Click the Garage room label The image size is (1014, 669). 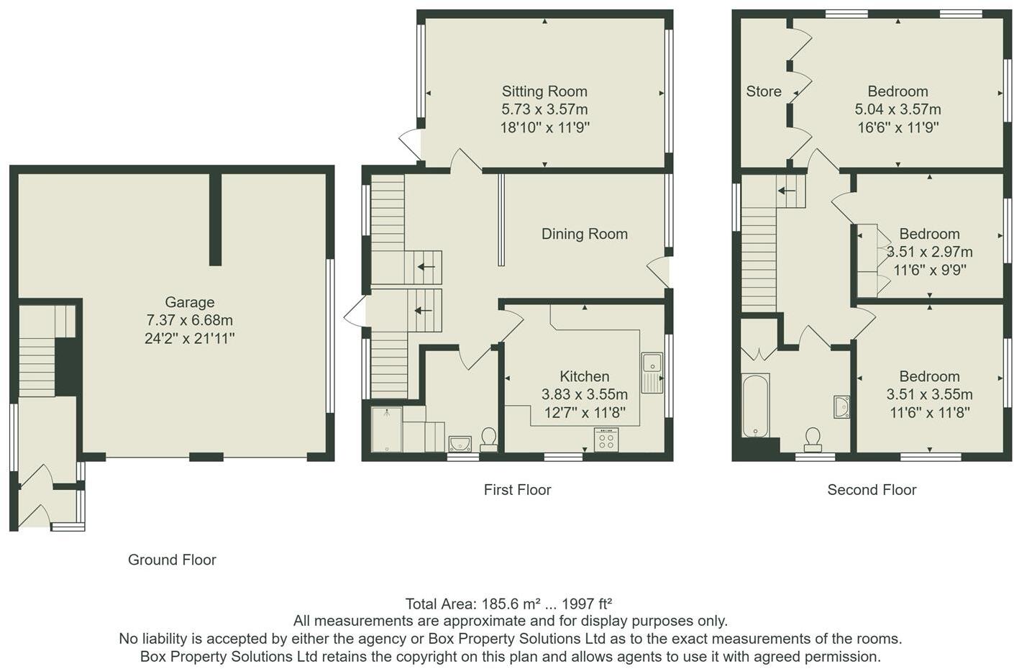[189, 302]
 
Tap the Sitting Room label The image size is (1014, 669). [544, 91]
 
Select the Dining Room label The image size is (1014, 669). [584, 234]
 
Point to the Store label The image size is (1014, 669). [763, 91]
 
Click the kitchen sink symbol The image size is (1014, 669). [652, 373]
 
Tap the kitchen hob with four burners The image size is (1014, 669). [606, 440]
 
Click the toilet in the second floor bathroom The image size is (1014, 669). [813, 437]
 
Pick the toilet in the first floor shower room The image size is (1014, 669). [488, 437]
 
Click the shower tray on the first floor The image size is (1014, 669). [386, 429]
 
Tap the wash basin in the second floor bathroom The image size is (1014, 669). [841, 406]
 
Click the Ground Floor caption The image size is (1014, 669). [172, 560]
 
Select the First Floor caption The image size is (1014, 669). [517, 490]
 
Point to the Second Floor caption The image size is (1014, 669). [872, 490]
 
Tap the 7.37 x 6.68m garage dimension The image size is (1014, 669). [189, 320]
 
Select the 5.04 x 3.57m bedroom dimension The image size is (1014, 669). [897, 109]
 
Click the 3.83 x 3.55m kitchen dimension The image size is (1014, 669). [584, 394]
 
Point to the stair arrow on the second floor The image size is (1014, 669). [787, 191]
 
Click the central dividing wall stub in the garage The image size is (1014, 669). [215, 219]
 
